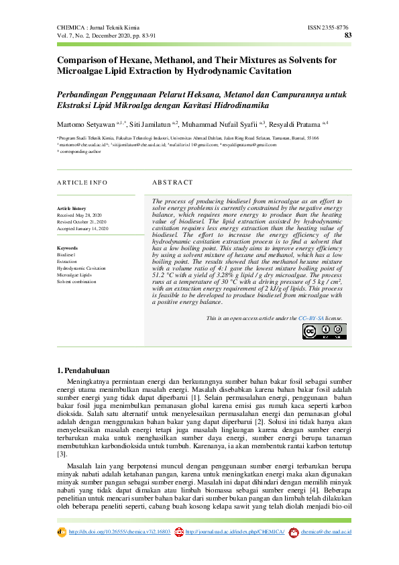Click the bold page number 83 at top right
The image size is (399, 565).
click(347, 35)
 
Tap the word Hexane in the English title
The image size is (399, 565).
click(142, 60)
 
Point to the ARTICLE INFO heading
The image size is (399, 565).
click(82, 183)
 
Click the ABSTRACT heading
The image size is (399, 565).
click(172, 183)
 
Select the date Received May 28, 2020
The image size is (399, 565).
click(80, 215)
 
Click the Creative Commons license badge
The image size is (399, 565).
click(325, 331)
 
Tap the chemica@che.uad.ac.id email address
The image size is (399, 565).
click(327, 532)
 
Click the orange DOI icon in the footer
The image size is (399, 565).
click(62, 532)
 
